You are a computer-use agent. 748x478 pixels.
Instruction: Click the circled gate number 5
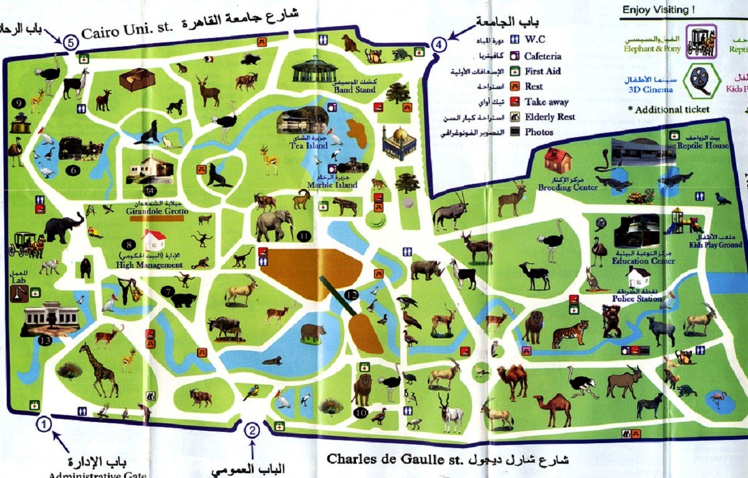pos(70,42)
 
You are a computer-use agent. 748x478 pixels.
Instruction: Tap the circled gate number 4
pos(439,45)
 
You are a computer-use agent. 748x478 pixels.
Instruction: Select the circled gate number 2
pos(252,430)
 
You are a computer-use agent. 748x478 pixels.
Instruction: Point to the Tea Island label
pos(309,145)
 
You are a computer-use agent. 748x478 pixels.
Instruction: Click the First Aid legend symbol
pos(515,71)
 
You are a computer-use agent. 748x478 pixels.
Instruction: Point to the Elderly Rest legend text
pos(549,117)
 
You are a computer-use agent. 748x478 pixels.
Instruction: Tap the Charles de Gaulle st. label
pos(399,459)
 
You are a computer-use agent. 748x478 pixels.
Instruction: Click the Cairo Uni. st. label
pos(128,30)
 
